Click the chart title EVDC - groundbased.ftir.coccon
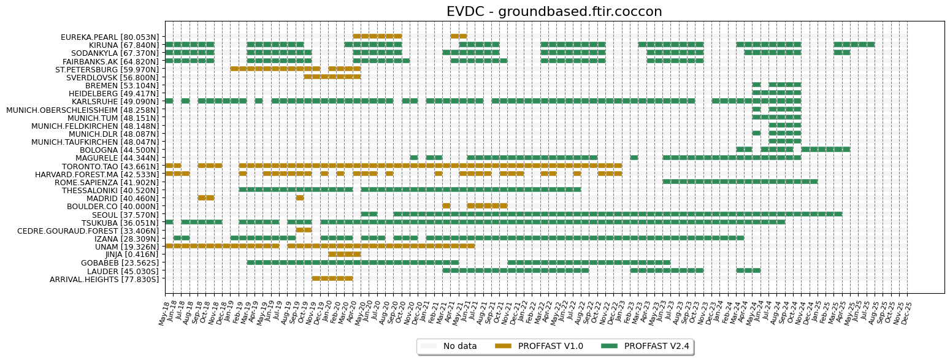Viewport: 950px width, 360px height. point(554,12)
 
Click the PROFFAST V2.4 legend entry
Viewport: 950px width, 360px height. point(656,346)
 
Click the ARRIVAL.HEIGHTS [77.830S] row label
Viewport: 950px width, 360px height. point(104,279)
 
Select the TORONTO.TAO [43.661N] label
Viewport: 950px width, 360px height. point(110,166)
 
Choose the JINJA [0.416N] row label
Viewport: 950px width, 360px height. point(132,255)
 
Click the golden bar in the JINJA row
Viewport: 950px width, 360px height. point(344,254)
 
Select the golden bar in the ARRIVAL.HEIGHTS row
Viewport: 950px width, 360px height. point(332,278)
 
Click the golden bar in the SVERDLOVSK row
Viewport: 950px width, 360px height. point(332,77)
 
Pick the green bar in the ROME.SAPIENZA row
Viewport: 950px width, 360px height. point(740,182)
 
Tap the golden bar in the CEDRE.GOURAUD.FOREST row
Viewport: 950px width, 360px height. point(304,230)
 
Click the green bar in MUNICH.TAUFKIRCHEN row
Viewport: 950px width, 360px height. point(784,141)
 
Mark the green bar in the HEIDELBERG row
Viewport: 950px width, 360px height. point(776,93)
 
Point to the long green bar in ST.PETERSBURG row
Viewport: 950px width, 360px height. point(275,69)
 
